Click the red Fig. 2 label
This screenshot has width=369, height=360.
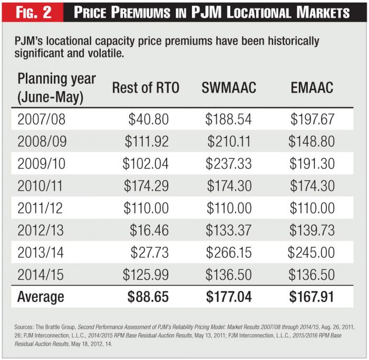click(x=34, y=12)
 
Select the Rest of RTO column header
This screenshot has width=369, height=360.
click(x=145, y=88)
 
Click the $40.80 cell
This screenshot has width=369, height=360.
click(x=149, y=119)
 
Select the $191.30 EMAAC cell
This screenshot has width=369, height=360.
click(x=312, y=163)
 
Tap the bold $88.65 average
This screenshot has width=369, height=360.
click(x=148, y=297)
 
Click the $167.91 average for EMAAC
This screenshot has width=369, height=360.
click(x=312, y=297)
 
